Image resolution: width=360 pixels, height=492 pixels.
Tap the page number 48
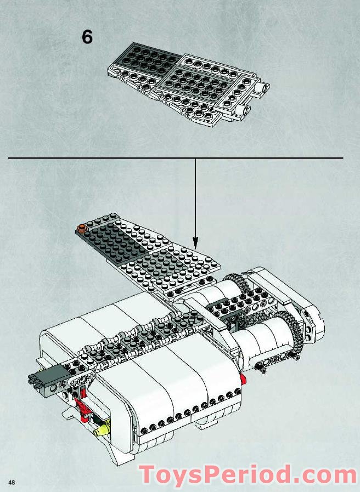(12, 482)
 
